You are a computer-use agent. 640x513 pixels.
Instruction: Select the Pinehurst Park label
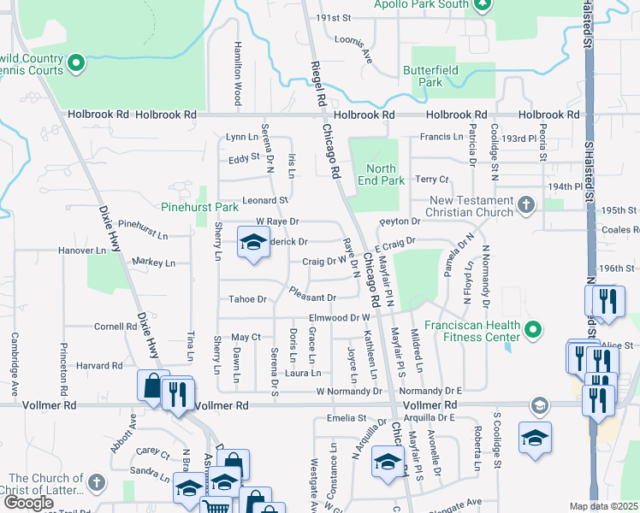[199, 207]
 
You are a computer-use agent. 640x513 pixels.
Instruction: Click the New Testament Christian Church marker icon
[525, 204]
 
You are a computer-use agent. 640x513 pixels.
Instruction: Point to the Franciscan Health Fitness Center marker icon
[535, 329]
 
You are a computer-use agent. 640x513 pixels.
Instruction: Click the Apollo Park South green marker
[482, 5]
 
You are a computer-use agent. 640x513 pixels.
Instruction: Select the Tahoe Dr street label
[248, 299]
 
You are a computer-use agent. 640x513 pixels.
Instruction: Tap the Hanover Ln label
[80, 251]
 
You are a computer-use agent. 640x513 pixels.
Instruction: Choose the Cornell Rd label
[110, 326]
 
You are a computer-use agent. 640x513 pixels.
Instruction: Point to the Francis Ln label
[441, 137]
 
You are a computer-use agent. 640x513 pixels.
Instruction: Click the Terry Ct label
[431, 180]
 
